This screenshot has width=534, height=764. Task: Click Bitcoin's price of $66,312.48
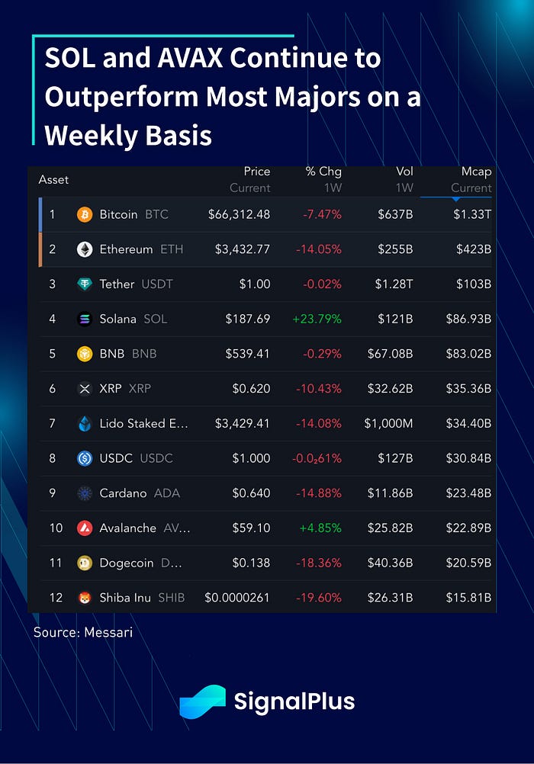pyautogui.click(x=239, y=214)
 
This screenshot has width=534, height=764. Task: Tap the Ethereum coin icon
pyautogui.click(x=85, y=249)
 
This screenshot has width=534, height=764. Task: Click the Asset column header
pyautogui.click(x=53, y=180)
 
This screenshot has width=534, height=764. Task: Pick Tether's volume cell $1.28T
pyautogui.click(x=395, y=284)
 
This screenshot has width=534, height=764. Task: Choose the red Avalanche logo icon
pyautogui.click(x=85, y=528)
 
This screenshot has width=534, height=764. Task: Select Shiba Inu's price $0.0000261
pyautogui.click(x=237, y=598)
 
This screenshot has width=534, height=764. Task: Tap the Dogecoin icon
pyautogui.click(x=85, y=563)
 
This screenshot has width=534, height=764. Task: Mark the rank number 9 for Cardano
pyautogui.click(x=53, y=493)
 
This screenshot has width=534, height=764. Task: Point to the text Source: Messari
pyautogui.click(x=83, y=632)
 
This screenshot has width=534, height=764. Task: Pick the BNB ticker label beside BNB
pyautogui.click(x=143, y=354)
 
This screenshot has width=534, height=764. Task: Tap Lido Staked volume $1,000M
pyautogui.click(x=388, y=423)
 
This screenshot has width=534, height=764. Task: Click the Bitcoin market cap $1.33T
pyautogui.click(x=472, y=214)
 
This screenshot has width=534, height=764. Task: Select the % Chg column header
pyautogui.click(x=323, y=172)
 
